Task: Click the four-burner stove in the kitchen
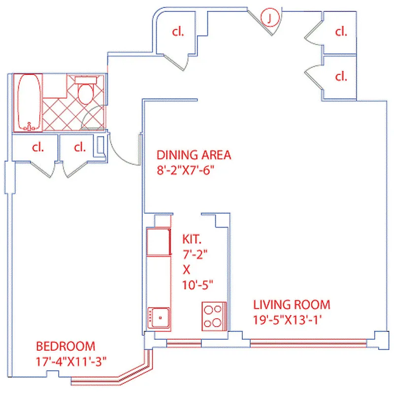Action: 213,316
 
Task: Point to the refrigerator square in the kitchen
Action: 159,241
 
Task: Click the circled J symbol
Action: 269,18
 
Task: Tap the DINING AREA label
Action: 194,155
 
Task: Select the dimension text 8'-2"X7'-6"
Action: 186,170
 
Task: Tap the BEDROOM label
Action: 65,346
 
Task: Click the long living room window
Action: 308,341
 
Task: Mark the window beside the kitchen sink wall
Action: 184,341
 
